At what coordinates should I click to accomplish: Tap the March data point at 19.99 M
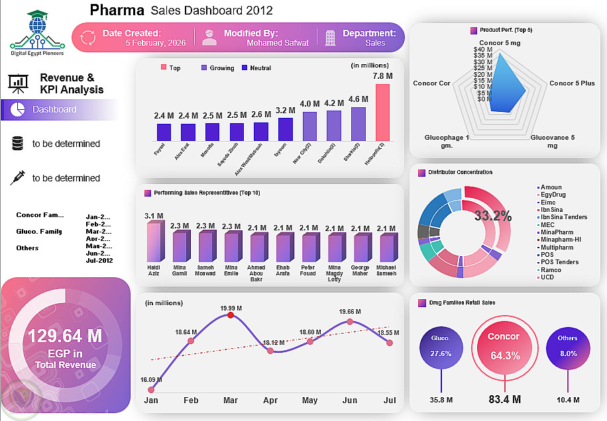click(x=230, y=316)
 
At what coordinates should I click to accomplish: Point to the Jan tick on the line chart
click(x=151, y=401)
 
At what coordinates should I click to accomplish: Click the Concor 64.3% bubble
click(x=504, y=348)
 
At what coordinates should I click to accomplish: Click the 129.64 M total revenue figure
click(x=64, y=336)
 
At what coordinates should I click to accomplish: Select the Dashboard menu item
click(x=54, y=109)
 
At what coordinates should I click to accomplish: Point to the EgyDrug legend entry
click(x=554, y=195)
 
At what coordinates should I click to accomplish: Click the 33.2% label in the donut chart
click(x=493, y=216)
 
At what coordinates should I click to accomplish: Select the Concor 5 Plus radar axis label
click(x=572, y=83)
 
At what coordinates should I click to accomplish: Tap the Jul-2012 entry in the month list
click(x=99, y=261)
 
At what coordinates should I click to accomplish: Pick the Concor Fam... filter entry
click(x=40, y=215)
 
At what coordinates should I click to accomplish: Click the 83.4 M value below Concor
click(x=504, y=398)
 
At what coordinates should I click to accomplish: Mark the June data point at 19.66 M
click(x=350, y=322)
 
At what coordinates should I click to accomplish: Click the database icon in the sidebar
click(x=17, y=144)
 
